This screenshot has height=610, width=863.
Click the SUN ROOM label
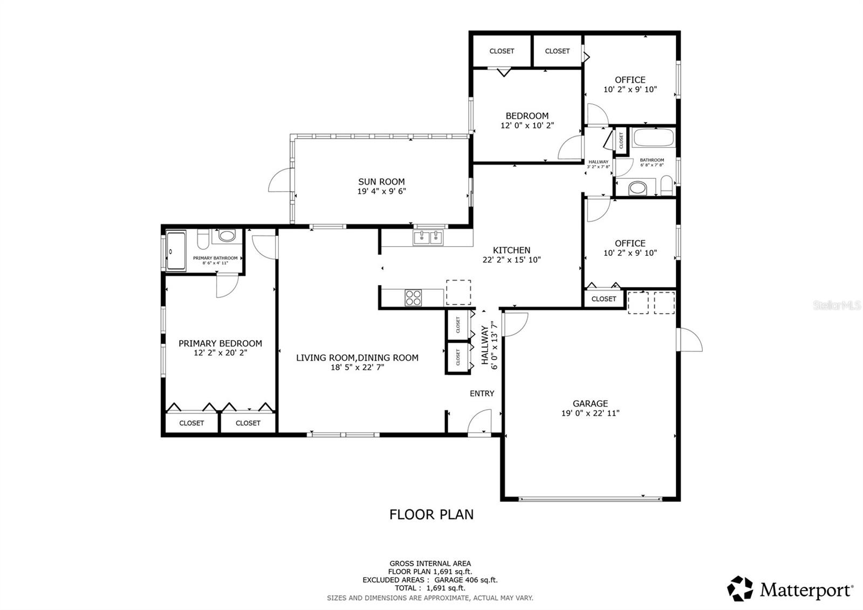pos(381,182)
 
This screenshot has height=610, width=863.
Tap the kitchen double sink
pos(428,238)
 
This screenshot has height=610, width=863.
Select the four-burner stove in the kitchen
pos(414,297)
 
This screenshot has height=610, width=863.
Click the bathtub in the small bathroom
pos(654,138)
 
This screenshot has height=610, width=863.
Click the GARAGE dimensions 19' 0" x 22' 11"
pos(590,414)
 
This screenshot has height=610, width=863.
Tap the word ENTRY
pos(482,394)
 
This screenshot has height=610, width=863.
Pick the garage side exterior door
pos(690,340)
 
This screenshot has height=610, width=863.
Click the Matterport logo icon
pos(740,588)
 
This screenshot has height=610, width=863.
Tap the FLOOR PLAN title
pos(432,514)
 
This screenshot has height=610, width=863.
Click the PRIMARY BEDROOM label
pos(220,343)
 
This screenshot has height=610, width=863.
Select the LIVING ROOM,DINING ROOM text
pos(357,357)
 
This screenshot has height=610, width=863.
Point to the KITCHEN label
pos(511,250)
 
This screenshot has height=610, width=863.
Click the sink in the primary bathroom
pos(227,236)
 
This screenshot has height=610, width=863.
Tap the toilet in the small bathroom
pos(667,186)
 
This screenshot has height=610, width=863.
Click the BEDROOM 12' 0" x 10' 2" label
pos(527,120)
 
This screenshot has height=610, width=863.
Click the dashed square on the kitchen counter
pos(458,292)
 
